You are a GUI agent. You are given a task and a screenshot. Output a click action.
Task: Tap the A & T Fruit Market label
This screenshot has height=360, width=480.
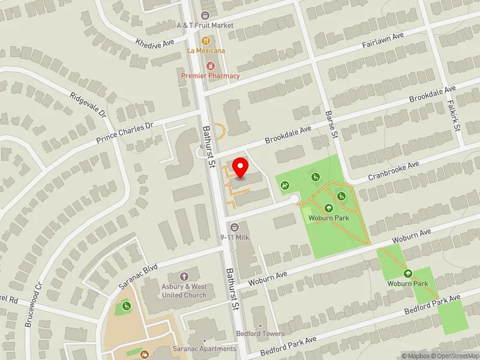(x=205, y=25)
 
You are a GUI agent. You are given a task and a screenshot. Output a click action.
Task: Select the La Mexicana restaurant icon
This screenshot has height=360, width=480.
(x=206, y=41)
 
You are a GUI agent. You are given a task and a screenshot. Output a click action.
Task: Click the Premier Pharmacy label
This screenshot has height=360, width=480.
(x=211, y=76)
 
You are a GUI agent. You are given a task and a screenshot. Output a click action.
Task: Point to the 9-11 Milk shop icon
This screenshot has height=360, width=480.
(x=235, y=227)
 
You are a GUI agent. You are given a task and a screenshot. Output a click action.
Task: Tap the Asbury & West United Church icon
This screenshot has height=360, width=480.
(x=184, y=277)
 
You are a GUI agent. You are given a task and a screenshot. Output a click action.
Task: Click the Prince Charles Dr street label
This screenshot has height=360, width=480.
(x=125, y=133)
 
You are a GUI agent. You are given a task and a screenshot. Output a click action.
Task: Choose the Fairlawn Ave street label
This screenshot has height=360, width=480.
(x=383, y=41)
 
